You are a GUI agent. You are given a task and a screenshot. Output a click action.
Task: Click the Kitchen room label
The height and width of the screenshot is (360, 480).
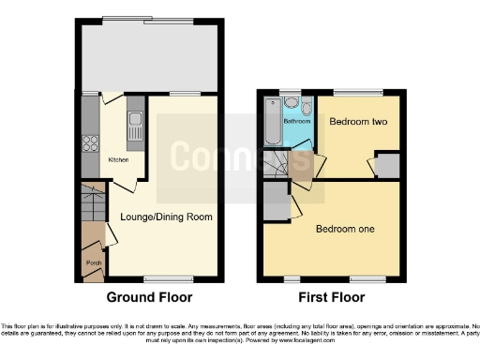tap(118, 159)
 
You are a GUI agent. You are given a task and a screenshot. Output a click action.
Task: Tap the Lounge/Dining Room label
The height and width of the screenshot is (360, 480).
tap(164, 217)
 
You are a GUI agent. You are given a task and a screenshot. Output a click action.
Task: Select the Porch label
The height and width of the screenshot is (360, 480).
tap(94, 263)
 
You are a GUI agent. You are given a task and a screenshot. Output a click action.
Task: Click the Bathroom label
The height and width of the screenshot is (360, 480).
tap(297, 122)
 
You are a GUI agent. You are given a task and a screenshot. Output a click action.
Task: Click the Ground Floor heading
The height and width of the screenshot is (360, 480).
tap(149, 297)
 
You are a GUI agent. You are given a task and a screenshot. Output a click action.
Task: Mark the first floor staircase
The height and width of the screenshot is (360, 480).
tap(277, 166)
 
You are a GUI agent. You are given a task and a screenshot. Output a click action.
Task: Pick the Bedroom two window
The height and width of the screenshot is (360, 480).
tap(358, 92)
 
